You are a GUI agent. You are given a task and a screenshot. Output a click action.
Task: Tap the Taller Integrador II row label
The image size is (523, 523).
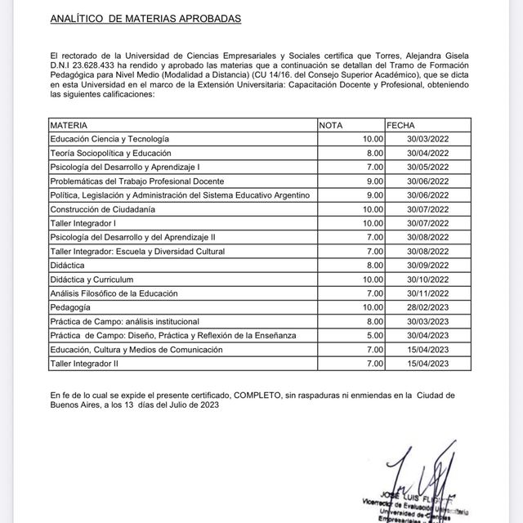point(85,364)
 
